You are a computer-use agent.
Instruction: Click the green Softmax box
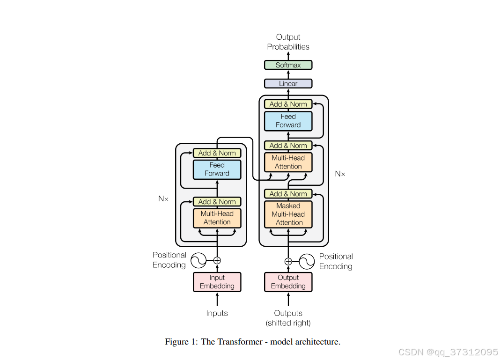click(x=288, y=65)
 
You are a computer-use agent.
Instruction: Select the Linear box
click(x=288, y=83)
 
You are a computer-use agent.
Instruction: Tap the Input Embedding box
click(x=217, y=282)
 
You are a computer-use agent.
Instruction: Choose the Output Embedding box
click(x=288, y=282)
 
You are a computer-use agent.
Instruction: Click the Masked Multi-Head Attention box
click(x=288, y=214)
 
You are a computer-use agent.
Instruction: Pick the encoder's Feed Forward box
click(x=217, y=169)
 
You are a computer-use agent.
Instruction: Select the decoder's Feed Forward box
click(x=288, y=121)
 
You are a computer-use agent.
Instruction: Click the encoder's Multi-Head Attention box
click(x=217, y=218)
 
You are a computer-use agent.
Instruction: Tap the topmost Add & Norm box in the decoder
click(x=288, y=104)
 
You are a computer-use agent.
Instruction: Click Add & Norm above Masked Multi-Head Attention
click(x=288, y=194)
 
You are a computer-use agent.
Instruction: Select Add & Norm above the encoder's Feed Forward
click(x=217, y=153)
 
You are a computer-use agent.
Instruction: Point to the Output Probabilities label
click(x=288, y=42)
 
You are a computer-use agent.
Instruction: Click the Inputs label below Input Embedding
click(x=217, y=313)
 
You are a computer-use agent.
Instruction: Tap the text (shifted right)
click(x=288, y=323)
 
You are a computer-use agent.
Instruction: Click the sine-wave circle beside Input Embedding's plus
click(x=199, y=261)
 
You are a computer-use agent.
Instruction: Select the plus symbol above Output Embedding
click(x=288, y=262)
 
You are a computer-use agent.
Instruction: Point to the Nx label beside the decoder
click(x=340, y=174)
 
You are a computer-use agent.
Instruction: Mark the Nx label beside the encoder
click(x=163, y=198)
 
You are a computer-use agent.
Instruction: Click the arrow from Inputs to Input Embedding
click(x=217, y=300)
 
